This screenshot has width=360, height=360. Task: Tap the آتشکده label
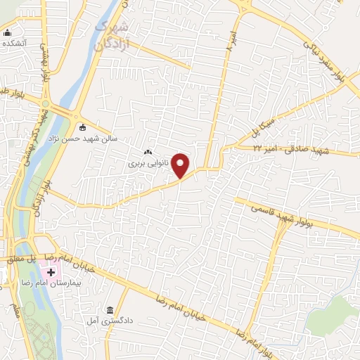coord(16,43)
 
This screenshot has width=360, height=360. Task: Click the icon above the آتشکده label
coord(8,32)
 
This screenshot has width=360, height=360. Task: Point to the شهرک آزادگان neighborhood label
coord(112,35)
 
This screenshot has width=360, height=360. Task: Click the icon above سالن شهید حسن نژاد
coord(83,127)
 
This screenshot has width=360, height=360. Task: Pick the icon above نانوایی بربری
coord(147,153)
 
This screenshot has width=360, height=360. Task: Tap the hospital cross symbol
coord(51,272)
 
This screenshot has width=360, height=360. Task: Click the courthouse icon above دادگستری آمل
coord(110,310)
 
